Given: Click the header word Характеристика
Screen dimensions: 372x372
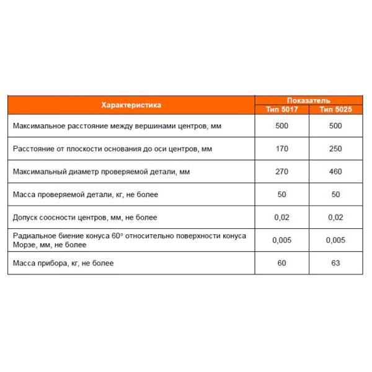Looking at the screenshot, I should point(131,105).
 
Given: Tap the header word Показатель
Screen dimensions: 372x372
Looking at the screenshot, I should point(308,100).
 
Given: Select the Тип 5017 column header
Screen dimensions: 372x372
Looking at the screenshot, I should point(282,110).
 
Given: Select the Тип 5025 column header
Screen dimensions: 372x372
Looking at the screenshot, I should point(335,110).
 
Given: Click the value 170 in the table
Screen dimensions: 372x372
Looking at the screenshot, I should point(282,149).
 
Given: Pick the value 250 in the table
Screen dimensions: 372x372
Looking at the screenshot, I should point(335,149).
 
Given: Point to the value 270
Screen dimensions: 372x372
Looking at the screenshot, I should point(282,172).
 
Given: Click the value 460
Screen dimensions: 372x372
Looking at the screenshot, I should point(335,172).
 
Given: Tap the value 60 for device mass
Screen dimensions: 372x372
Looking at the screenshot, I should point(282,263).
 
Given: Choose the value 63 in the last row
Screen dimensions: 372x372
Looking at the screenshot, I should point(335,263).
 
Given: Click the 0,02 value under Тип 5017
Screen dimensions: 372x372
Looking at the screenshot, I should point(282,217).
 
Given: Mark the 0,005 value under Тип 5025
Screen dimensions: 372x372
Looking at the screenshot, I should point(335,240).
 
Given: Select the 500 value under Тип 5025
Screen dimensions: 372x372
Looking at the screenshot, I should point(335,126).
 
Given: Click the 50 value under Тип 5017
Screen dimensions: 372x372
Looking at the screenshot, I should point(282,194).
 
